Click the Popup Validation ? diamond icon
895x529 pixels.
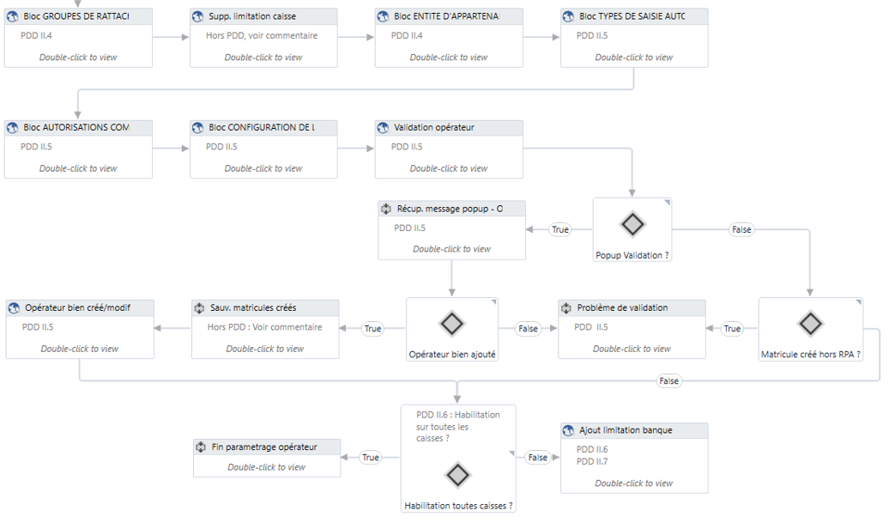click(632, 225)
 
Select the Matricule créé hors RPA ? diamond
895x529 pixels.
click(810, 324)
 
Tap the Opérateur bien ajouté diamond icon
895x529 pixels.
click(452, 324)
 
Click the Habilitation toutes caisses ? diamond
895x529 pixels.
click(457, 475)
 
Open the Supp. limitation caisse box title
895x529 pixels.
click(252, 16)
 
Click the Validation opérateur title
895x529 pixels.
click(434, 127)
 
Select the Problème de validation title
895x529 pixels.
click(622, 307)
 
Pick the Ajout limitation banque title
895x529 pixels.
click(626, 430)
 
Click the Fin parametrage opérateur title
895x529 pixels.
click(264, 447)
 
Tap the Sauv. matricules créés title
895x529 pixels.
click(253, 307)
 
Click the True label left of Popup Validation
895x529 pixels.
click(560, 229)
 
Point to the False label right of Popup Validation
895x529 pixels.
click(741, 229)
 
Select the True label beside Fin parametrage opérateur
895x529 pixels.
click(371, 458)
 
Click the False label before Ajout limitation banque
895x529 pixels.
click(537, 458)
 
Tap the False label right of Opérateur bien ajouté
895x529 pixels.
click(529, 329)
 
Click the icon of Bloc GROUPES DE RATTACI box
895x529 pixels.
click(13, 16)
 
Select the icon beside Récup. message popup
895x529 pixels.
click(386, 209)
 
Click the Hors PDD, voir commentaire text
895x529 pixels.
click(262, 36)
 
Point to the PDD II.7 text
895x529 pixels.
click(592, 461)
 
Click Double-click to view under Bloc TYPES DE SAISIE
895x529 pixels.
click(634, 58)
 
